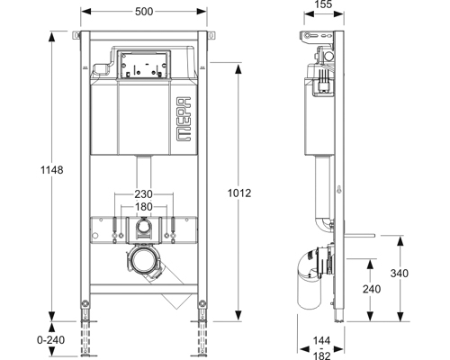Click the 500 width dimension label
pos(144,12)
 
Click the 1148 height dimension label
pos(52,170)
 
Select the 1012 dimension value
pos(239,193)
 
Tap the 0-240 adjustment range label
pos(50,340)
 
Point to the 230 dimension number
pos(143,194)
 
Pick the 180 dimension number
pos(143,207)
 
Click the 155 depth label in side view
pos(324,4)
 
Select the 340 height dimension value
pos(400,274)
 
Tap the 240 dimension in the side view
pos(372,289)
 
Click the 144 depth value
pos(322,340)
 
